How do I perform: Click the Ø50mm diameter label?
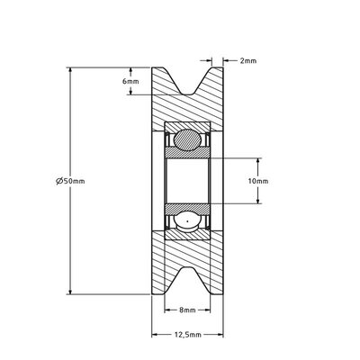[70, 181]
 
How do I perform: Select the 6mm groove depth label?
[130, 81]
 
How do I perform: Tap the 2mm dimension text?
[248, 61]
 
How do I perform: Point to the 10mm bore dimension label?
[258, 181]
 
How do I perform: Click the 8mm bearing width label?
[187, 310]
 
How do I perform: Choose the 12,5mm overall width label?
[187, 335]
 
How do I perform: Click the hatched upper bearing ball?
[187, 139]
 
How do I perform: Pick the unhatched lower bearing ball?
[187, 221]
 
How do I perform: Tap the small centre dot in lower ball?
[187, 221]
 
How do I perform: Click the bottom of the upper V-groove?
[188, 94]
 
